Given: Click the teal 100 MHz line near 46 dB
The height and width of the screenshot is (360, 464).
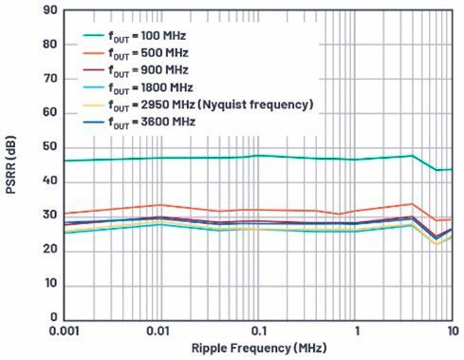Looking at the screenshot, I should point(190,158).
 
